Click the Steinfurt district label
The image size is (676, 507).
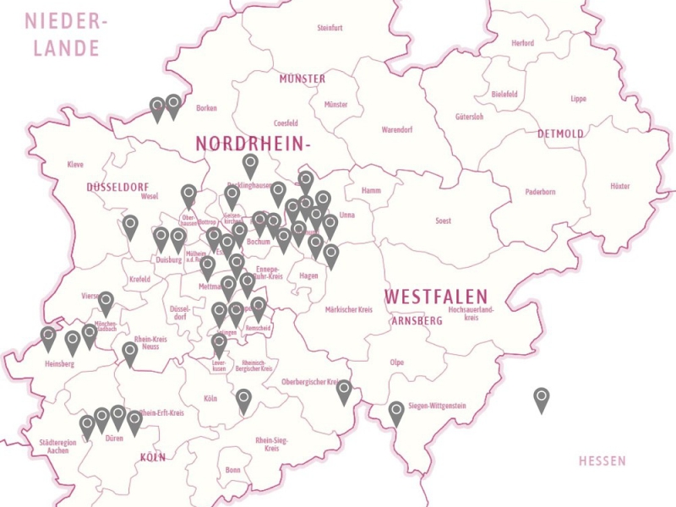[x=330, y=28]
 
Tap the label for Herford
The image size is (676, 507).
[x=522, y=43]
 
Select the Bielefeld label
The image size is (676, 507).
[x=504, y=95]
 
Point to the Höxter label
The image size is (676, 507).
[x=619, y=186]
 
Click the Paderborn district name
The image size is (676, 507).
[x=540, y=192]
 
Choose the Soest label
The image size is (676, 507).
[x=442, y=221]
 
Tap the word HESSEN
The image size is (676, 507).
[x=602, y=461]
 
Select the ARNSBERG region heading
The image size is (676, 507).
[x=417, y=321]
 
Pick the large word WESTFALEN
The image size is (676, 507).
[x=436, y=297]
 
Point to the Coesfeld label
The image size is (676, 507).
[x=286, y=123]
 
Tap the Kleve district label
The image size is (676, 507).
[x=75, y=165]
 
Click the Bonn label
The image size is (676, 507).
[x=233, y=470]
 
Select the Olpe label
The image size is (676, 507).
[x=396, y=363]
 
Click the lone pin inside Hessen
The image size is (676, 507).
[x=542, y=398]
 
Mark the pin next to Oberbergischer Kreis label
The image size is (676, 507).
[x=344, y=390]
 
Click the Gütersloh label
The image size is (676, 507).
[x=469, y=117]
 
